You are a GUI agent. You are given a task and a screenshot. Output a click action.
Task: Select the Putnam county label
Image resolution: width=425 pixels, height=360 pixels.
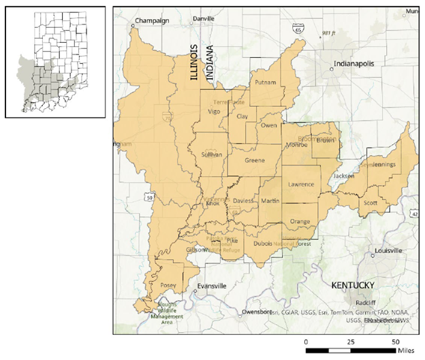pyautogui.click(x=265, y=83)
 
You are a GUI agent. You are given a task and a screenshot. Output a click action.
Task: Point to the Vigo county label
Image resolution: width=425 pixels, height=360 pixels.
pyautogui.click(x=215, y=112)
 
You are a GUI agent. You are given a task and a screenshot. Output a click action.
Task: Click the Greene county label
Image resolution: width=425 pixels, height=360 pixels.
pyautogui.click(x=254, y=161)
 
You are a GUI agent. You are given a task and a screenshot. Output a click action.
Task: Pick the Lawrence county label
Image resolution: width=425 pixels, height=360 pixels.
pyautogui.click(x=301, y=184)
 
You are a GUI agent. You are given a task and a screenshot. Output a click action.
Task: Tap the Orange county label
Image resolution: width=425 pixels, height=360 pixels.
pyautogui.click(x=300, y=222)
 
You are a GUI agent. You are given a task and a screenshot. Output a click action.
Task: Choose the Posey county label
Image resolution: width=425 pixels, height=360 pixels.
pyautogui.click(x=168, y=286)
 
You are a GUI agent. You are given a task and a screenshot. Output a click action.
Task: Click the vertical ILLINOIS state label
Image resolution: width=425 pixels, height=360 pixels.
pyautogui.click(x=194, y=63)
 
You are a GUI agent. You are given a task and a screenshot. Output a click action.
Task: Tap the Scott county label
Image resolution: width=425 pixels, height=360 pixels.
pyautogui.click(x=370, y=203)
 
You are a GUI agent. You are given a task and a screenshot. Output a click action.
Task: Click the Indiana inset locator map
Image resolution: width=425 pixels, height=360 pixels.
pyautogui.click(x=55, y=62)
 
